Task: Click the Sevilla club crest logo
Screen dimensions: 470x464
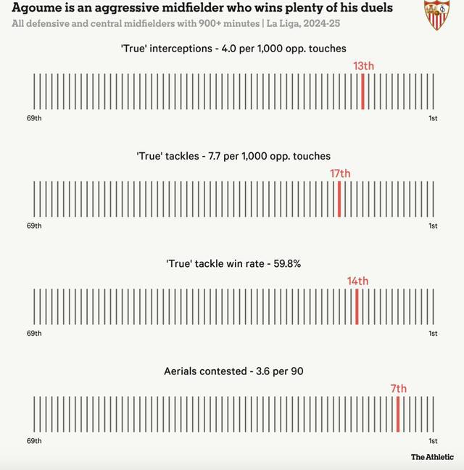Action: [x=436, y=15]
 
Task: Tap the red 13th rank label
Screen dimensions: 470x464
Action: [x=363, y=66]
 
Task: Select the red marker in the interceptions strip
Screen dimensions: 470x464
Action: [x=362, y=91]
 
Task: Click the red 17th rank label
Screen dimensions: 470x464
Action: [x=339, y=173]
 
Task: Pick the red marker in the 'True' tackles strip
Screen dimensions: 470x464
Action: [x=339, y=199]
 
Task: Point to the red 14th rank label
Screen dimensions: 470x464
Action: [x=357, y=281]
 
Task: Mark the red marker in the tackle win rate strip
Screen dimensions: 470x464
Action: [x=357, y=306]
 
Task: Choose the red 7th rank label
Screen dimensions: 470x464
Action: [x=399, y=389]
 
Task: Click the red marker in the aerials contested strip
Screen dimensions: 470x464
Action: [x=398, y=413]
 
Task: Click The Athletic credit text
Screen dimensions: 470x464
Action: [x=432, y=457]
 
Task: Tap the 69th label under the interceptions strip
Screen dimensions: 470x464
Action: [x=34, y=118]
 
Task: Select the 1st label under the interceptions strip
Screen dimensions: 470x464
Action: [x=433, y=118]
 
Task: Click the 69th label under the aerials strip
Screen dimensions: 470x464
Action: [x=34, y=441]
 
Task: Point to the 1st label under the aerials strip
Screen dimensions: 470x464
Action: [x=433, y=441]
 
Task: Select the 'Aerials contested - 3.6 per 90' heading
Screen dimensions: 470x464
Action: [x=233, y=371]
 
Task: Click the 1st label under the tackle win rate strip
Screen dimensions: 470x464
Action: [x=433, y=334]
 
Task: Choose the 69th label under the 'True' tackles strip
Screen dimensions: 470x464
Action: [x=34, y=226]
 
